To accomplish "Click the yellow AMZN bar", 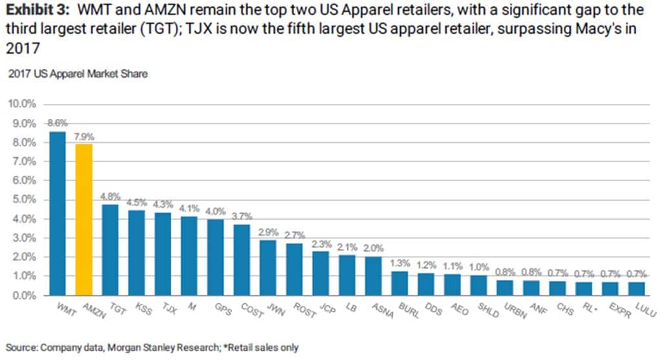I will pyautogui.click(x=83, y=220).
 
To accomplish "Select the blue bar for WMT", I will pyautogui.click(x=57, y=213).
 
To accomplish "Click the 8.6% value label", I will pyautogui.click(x=57, y=123).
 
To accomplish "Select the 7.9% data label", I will pyautogui.click(x=83, y=136).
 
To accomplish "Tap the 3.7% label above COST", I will pyautogui.click(x=241, y=216).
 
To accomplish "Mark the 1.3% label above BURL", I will pyautogui.click(x=399, y=262).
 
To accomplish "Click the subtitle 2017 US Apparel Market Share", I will pyautogui.click(x=78, y=74).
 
